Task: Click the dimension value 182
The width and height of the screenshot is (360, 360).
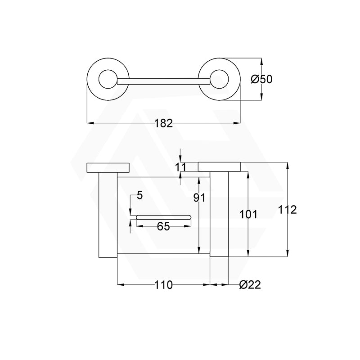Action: click(x=163, y=123)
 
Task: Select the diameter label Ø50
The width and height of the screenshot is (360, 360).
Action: click(x=261, y=79)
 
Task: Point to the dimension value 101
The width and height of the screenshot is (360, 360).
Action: click(x=248, y=214)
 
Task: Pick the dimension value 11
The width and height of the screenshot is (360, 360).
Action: click(x=180, y=167)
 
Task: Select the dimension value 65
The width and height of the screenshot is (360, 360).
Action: click(x=163, y=226)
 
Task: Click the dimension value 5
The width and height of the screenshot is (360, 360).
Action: click(x=139, y=195)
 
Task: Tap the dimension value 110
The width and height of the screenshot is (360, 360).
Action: click(x=163, y=285)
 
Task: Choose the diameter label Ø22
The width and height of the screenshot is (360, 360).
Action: click(x=250, y=285)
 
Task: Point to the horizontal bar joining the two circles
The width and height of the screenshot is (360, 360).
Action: click(x=163, y=81)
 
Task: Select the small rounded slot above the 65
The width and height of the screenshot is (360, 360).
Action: click(x=163, y=218)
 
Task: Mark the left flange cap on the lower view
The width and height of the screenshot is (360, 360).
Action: click(x=108, y=167)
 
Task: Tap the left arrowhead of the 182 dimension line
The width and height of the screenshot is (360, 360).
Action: click(x=89, y=122)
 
